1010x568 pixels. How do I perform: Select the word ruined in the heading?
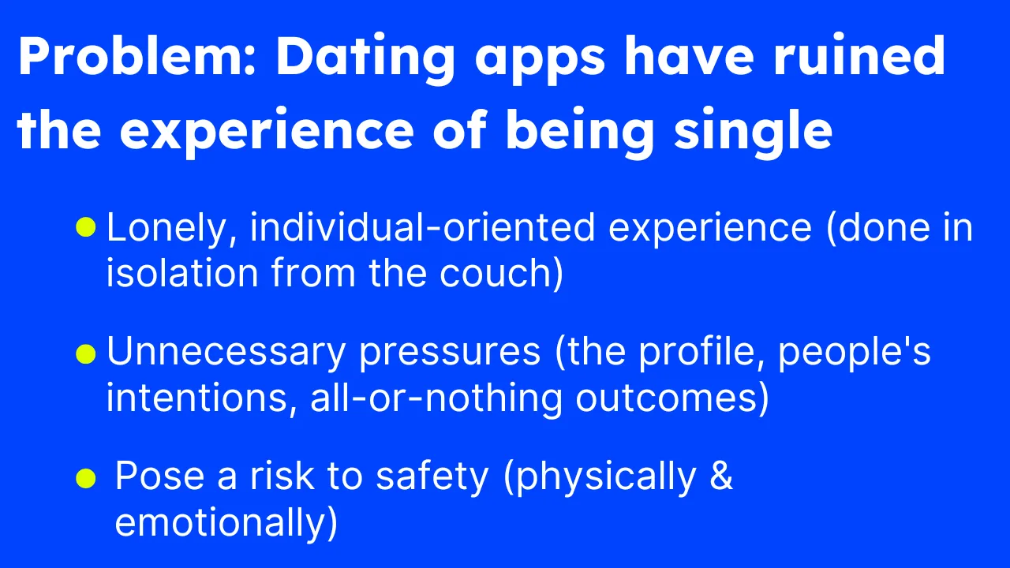(860, 55)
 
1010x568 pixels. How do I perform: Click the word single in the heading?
(753, 132)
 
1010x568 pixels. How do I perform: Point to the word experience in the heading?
(267, 133)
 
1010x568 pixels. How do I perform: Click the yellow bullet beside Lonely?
(86, 227)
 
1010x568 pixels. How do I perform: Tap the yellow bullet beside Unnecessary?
(86, 354)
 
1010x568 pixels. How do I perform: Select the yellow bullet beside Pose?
(86, 478)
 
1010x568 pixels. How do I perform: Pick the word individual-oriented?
(422, 227)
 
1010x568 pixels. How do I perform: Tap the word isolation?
(182, 273)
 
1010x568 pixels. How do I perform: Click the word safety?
(432, 478)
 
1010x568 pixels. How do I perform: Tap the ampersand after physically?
(721, 476)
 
